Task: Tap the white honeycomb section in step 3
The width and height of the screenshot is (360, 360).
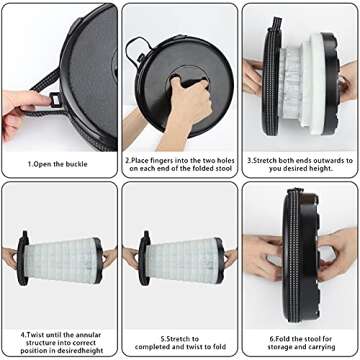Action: pos(298,75)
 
